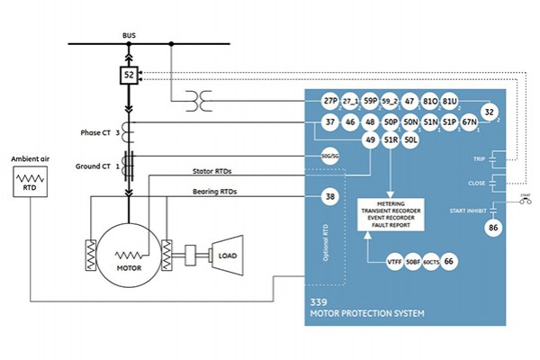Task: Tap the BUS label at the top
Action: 129,36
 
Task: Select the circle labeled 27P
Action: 330,102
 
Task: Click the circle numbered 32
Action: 490,112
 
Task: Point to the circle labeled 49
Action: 370,140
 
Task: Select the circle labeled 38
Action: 330,196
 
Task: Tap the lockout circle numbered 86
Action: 493,229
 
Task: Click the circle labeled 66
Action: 449,260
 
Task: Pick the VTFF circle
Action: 393,260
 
